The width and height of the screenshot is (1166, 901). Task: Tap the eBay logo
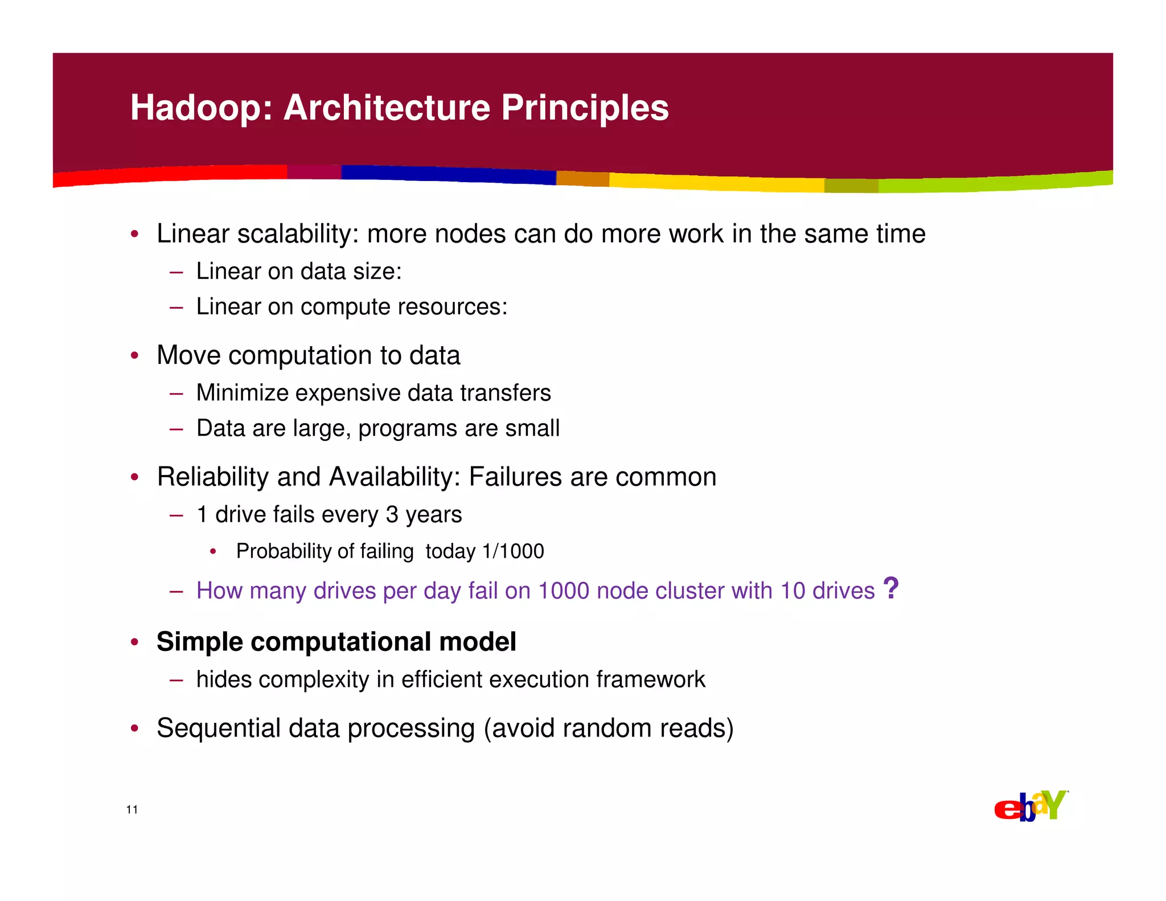pyautogui.click(x=1030, y=806)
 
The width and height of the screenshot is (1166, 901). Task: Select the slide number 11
pyautogui.click(x=132, y=810)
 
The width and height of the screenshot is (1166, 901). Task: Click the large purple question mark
pyautogui.click(x=890, y=588)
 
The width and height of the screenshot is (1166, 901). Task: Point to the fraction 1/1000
pyautogui.click(x=513, y=551)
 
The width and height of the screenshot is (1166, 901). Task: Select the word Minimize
pyautogui.click(x=242, y=393)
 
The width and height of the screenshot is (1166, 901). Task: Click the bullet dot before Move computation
pyautogui.click(x=134, y=356)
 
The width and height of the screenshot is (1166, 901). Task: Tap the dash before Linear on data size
pyautogui.click(x=176, y=272)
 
